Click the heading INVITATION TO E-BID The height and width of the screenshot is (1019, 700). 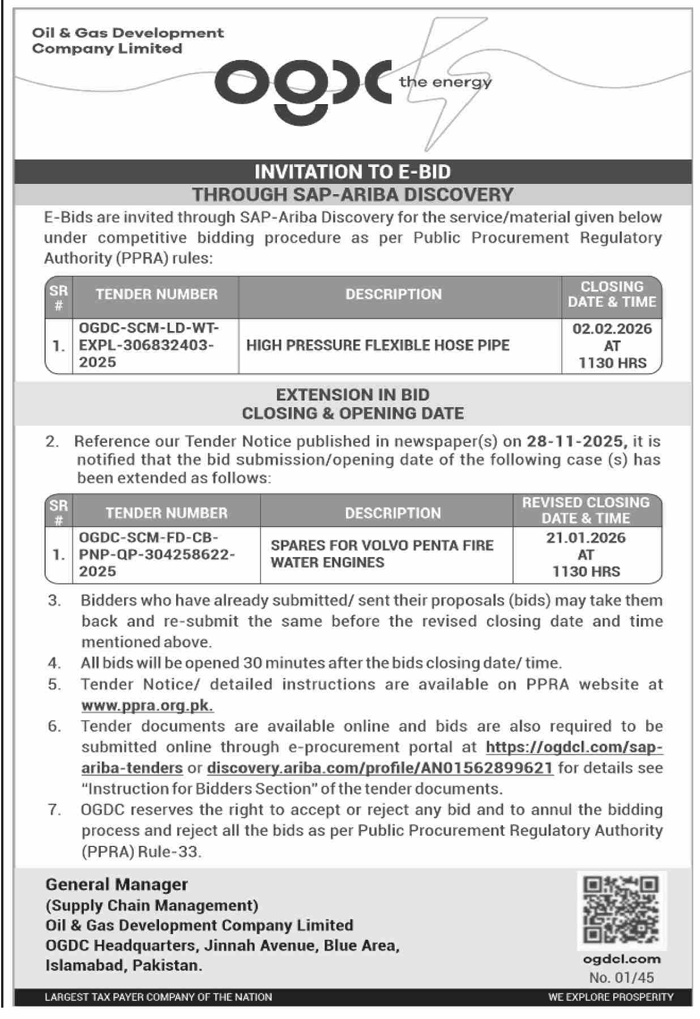point(352,172)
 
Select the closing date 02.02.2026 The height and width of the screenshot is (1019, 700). point(612,329)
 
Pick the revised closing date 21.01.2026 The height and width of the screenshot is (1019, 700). point(586,537)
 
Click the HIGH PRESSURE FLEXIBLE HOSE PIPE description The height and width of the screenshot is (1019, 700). point(378,345)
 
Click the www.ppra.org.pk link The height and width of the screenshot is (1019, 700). point(147,705)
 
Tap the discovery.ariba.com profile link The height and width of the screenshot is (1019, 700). point(379,768)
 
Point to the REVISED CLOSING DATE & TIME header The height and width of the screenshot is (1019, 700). point(586,510)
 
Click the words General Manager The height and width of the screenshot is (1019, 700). point(117,884)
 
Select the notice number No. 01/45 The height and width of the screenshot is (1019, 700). point(621,978)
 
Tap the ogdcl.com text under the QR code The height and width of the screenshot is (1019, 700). point(621,959)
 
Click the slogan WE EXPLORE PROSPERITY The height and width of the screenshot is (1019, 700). point(611,997)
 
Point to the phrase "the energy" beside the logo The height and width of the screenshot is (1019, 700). point(445,82)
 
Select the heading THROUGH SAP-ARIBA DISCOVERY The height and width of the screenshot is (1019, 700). point(352,195)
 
